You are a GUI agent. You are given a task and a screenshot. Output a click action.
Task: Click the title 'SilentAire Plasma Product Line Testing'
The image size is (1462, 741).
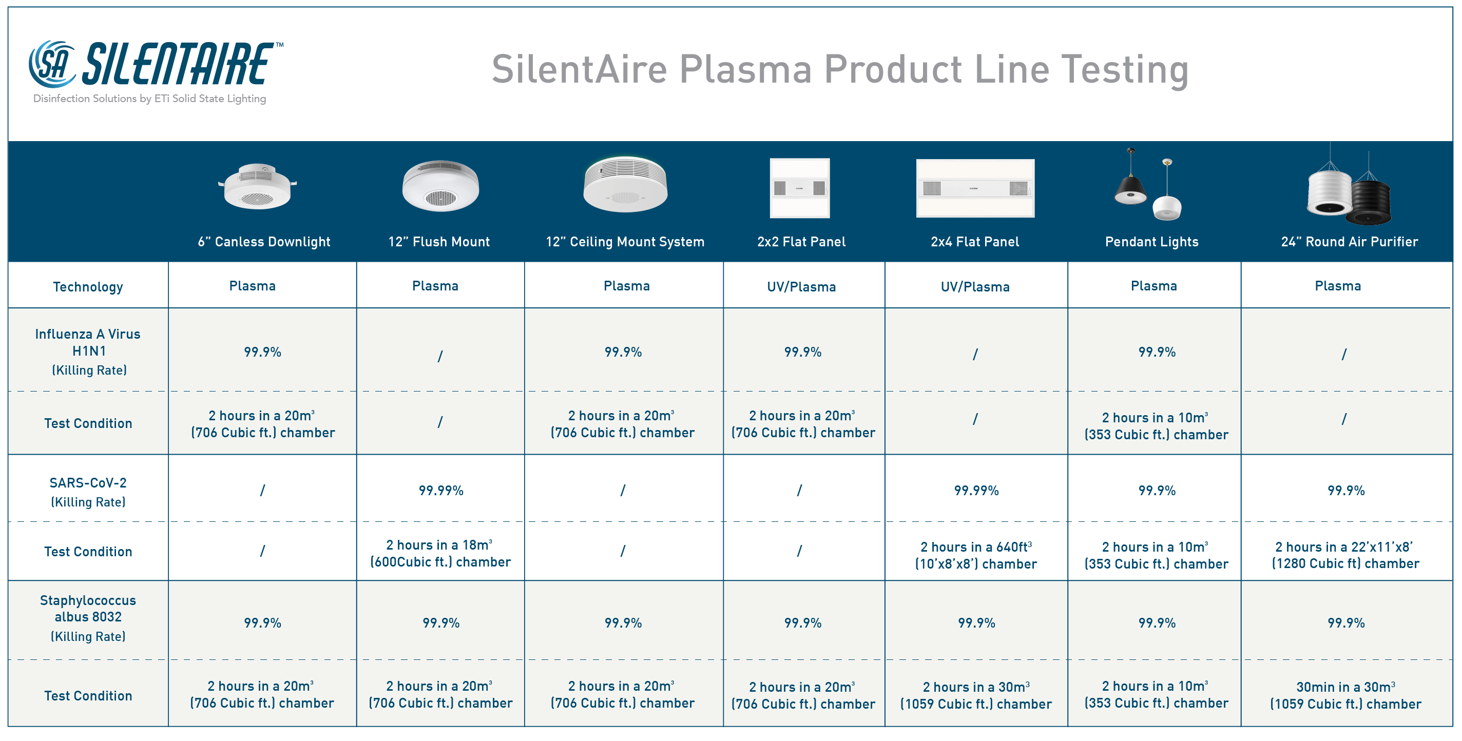pos(840,69)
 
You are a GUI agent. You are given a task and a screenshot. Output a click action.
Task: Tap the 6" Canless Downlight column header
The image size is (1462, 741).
pos(264,242)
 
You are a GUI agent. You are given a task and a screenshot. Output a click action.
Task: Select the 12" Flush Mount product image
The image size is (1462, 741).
pos(440,186)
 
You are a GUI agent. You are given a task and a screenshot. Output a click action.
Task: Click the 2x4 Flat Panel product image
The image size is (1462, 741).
pos(975,188)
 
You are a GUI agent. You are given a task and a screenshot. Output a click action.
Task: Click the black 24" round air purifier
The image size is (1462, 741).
pos(1371,202)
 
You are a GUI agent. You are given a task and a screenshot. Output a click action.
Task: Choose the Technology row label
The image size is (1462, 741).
pos(88,286)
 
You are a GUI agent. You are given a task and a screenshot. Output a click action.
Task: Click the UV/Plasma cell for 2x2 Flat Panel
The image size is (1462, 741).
pos(801,286)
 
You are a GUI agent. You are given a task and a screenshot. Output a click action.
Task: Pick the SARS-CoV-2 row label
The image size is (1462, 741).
pos(88,492)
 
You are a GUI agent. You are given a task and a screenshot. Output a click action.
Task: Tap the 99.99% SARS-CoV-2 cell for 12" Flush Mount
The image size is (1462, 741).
pos(441,491)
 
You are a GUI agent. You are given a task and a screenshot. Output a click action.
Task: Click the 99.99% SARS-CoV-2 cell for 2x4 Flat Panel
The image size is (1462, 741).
pos(976,491)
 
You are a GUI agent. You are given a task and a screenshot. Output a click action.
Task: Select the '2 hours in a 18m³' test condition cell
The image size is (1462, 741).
pos(440,553)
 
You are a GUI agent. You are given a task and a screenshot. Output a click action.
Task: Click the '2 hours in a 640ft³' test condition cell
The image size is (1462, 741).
pos(976,555)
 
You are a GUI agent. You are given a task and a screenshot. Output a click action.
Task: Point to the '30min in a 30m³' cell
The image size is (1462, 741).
pos(1345,695)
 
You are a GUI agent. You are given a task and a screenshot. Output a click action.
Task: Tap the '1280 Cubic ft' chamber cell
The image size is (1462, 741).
pos(1345,555)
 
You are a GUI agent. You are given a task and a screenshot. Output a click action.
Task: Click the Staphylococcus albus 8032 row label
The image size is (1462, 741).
pos(88,618)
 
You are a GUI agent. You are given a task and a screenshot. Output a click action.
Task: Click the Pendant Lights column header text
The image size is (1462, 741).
pos(1151,242)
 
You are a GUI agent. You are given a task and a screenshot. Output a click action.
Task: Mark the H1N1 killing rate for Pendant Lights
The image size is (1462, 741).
pos(1157,353)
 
